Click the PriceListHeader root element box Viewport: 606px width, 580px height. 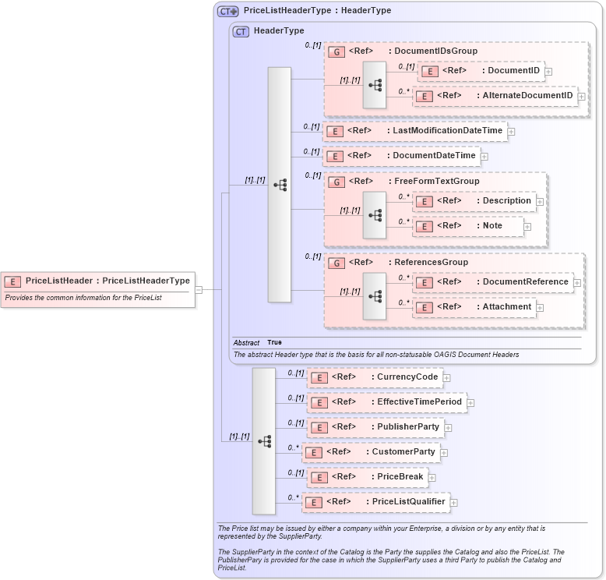(x=98, y=281)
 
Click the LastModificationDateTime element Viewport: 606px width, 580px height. (x=414, y=131)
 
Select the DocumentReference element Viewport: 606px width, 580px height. (x=492, y=282)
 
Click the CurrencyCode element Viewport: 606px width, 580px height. (x=375, y=378)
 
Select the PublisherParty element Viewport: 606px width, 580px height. (x=375, y=427)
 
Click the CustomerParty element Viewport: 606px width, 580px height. (x=369, y=452)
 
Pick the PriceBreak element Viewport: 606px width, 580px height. (x=367, y=477)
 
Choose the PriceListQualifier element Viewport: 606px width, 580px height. (x=375, y=502)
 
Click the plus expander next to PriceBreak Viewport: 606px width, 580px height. (x=432, y=477)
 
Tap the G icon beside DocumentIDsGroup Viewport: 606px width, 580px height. (x=336, y=51)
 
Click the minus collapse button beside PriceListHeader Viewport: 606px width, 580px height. (x=199, y=289)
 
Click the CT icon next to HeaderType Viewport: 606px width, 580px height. (x=241, y=31)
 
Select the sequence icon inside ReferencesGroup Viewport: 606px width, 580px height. (x=375, y=296)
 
